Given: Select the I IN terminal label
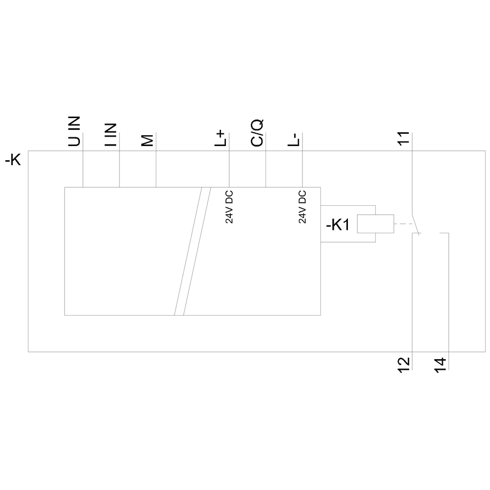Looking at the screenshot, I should pos(111,134).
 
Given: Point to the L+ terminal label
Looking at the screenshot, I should pos(221,138).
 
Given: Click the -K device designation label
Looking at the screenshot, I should pos(13,160).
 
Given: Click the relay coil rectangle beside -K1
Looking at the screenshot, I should pos(375,223).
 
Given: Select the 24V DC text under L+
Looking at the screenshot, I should pos(229,206).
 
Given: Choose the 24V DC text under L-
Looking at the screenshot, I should pos(302,206).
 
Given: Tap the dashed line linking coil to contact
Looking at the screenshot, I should pos(402,224).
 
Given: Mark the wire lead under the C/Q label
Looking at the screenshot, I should pos(266,167).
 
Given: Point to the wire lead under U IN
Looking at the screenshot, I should pos(83,167).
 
